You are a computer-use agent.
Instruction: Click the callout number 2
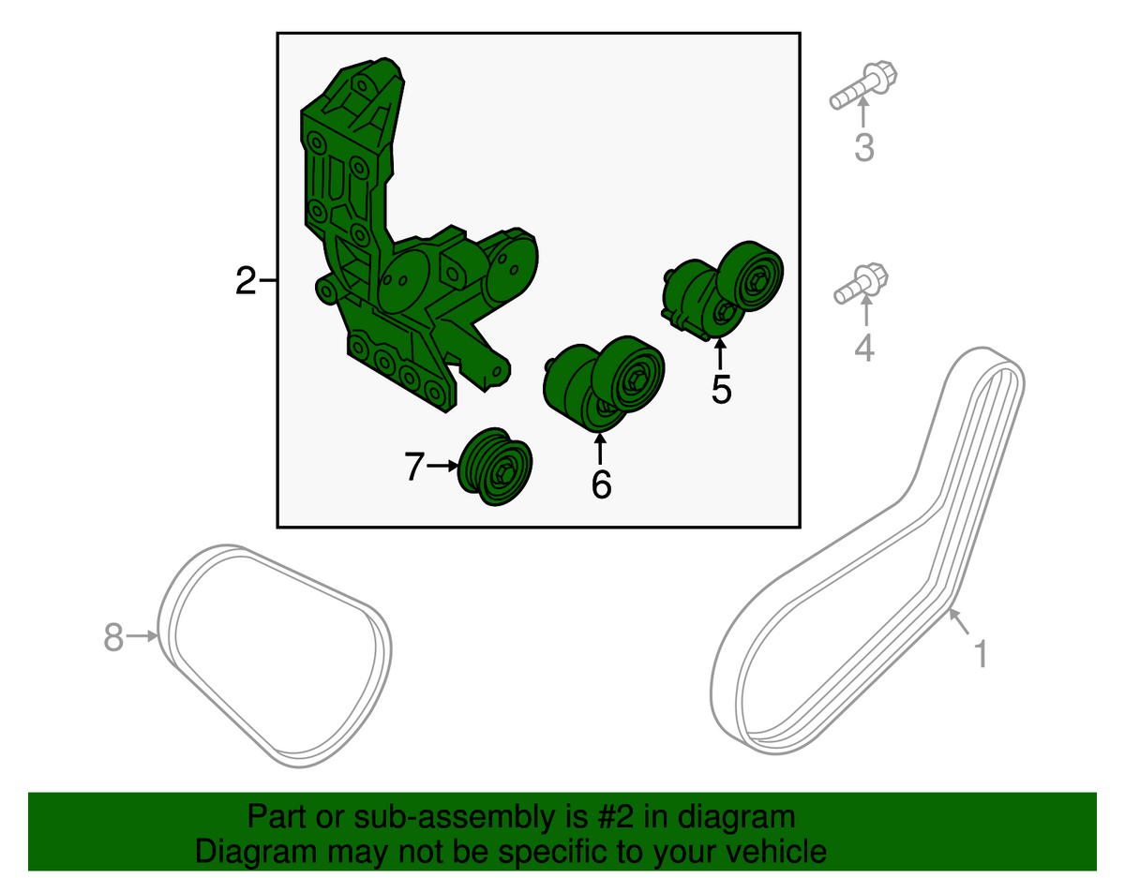pos(246,280)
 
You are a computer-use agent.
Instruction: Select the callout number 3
pos(864,147)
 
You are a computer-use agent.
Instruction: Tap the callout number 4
pos(864,347)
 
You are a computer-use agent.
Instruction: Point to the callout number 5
pos(721,389)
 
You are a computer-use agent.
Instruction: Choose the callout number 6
pos(601,484)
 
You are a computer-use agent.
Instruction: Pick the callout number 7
pos(414,466)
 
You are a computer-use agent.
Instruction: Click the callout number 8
pos(113,636)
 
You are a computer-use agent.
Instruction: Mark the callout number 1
pos(981,654)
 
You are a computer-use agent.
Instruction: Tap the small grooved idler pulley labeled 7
pos(495,467)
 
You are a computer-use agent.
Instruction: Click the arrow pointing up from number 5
pos(720,353)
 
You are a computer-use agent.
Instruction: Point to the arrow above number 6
pos(600,449)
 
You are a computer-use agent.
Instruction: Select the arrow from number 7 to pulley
pos(443,466)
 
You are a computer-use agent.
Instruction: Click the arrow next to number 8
pos(142,635)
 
